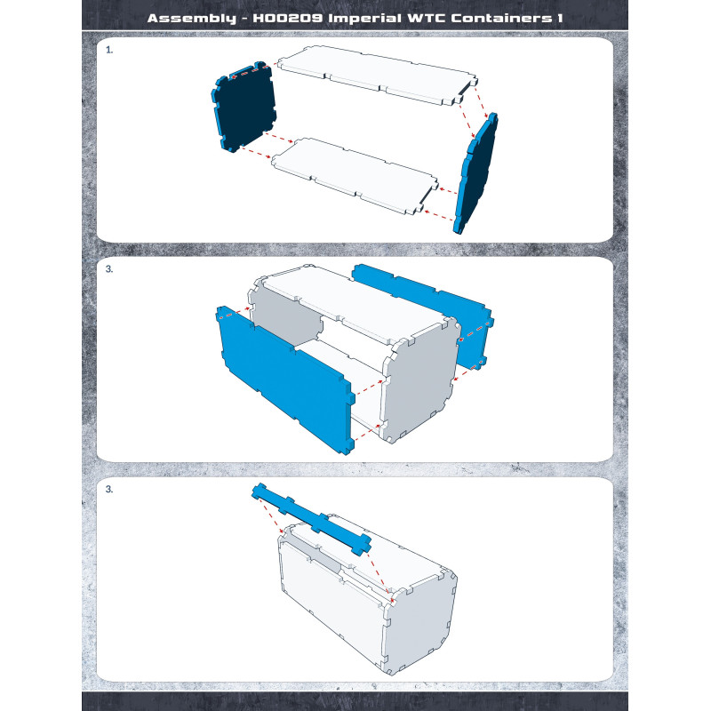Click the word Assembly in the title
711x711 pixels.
tap(191, 18)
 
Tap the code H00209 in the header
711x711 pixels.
tap(287, 18)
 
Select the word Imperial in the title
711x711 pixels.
tap(365, 19)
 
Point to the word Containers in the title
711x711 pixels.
tap(501, 18)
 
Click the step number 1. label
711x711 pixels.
tap(109, 50)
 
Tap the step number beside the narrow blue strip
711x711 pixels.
tap(109, 490)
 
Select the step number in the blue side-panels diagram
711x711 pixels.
tap(109, 269)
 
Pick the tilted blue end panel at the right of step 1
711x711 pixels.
tap(475, 173)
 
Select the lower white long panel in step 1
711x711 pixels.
tap(355, 174)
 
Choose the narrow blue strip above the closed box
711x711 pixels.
tap(312, 519)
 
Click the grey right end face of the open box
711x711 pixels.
tap(419, 381)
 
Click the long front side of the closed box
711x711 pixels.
tap(333, 605)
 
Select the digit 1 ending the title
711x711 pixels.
tap(560, 18)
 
